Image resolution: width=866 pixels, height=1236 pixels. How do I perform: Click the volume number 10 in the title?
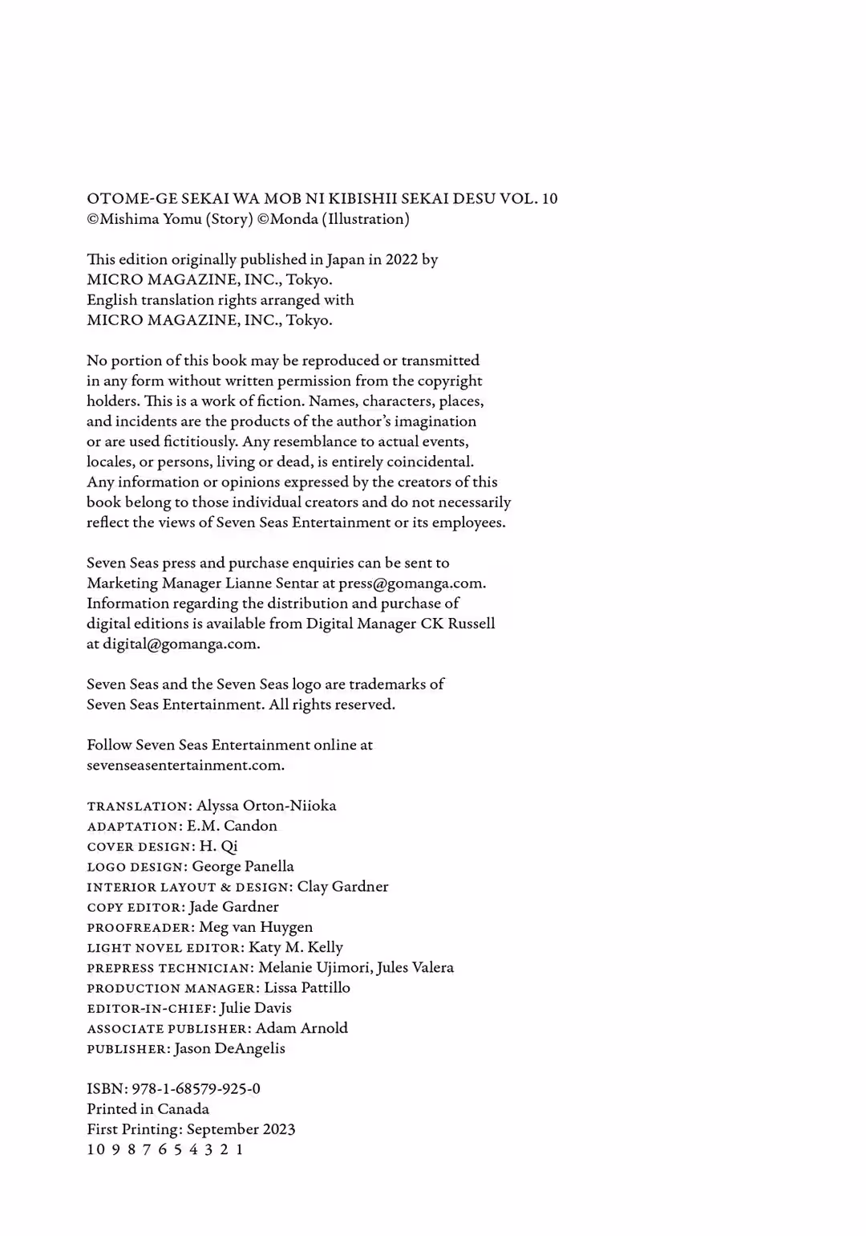click(549, 198)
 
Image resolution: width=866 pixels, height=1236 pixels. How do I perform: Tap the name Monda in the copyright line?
click(293, 218)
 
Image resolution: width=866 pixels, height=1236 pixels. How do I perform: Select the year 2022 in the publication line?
click(401, 259)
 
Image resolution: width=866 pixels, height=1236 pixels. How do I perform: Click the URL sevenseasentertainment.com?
click(184, 765)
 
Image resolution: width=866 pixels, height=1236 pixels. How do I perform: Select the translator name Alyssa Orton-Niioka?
click(266, 806)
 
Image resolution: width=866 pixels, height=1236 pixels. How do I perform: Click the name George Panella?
click(243, 866)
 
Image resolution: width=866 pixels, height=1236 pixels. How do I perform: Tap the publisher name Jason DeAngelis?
click(229, 1048)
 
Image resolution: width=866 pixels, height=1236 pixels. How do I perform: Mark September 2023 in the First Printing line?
click(241, 1129)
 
